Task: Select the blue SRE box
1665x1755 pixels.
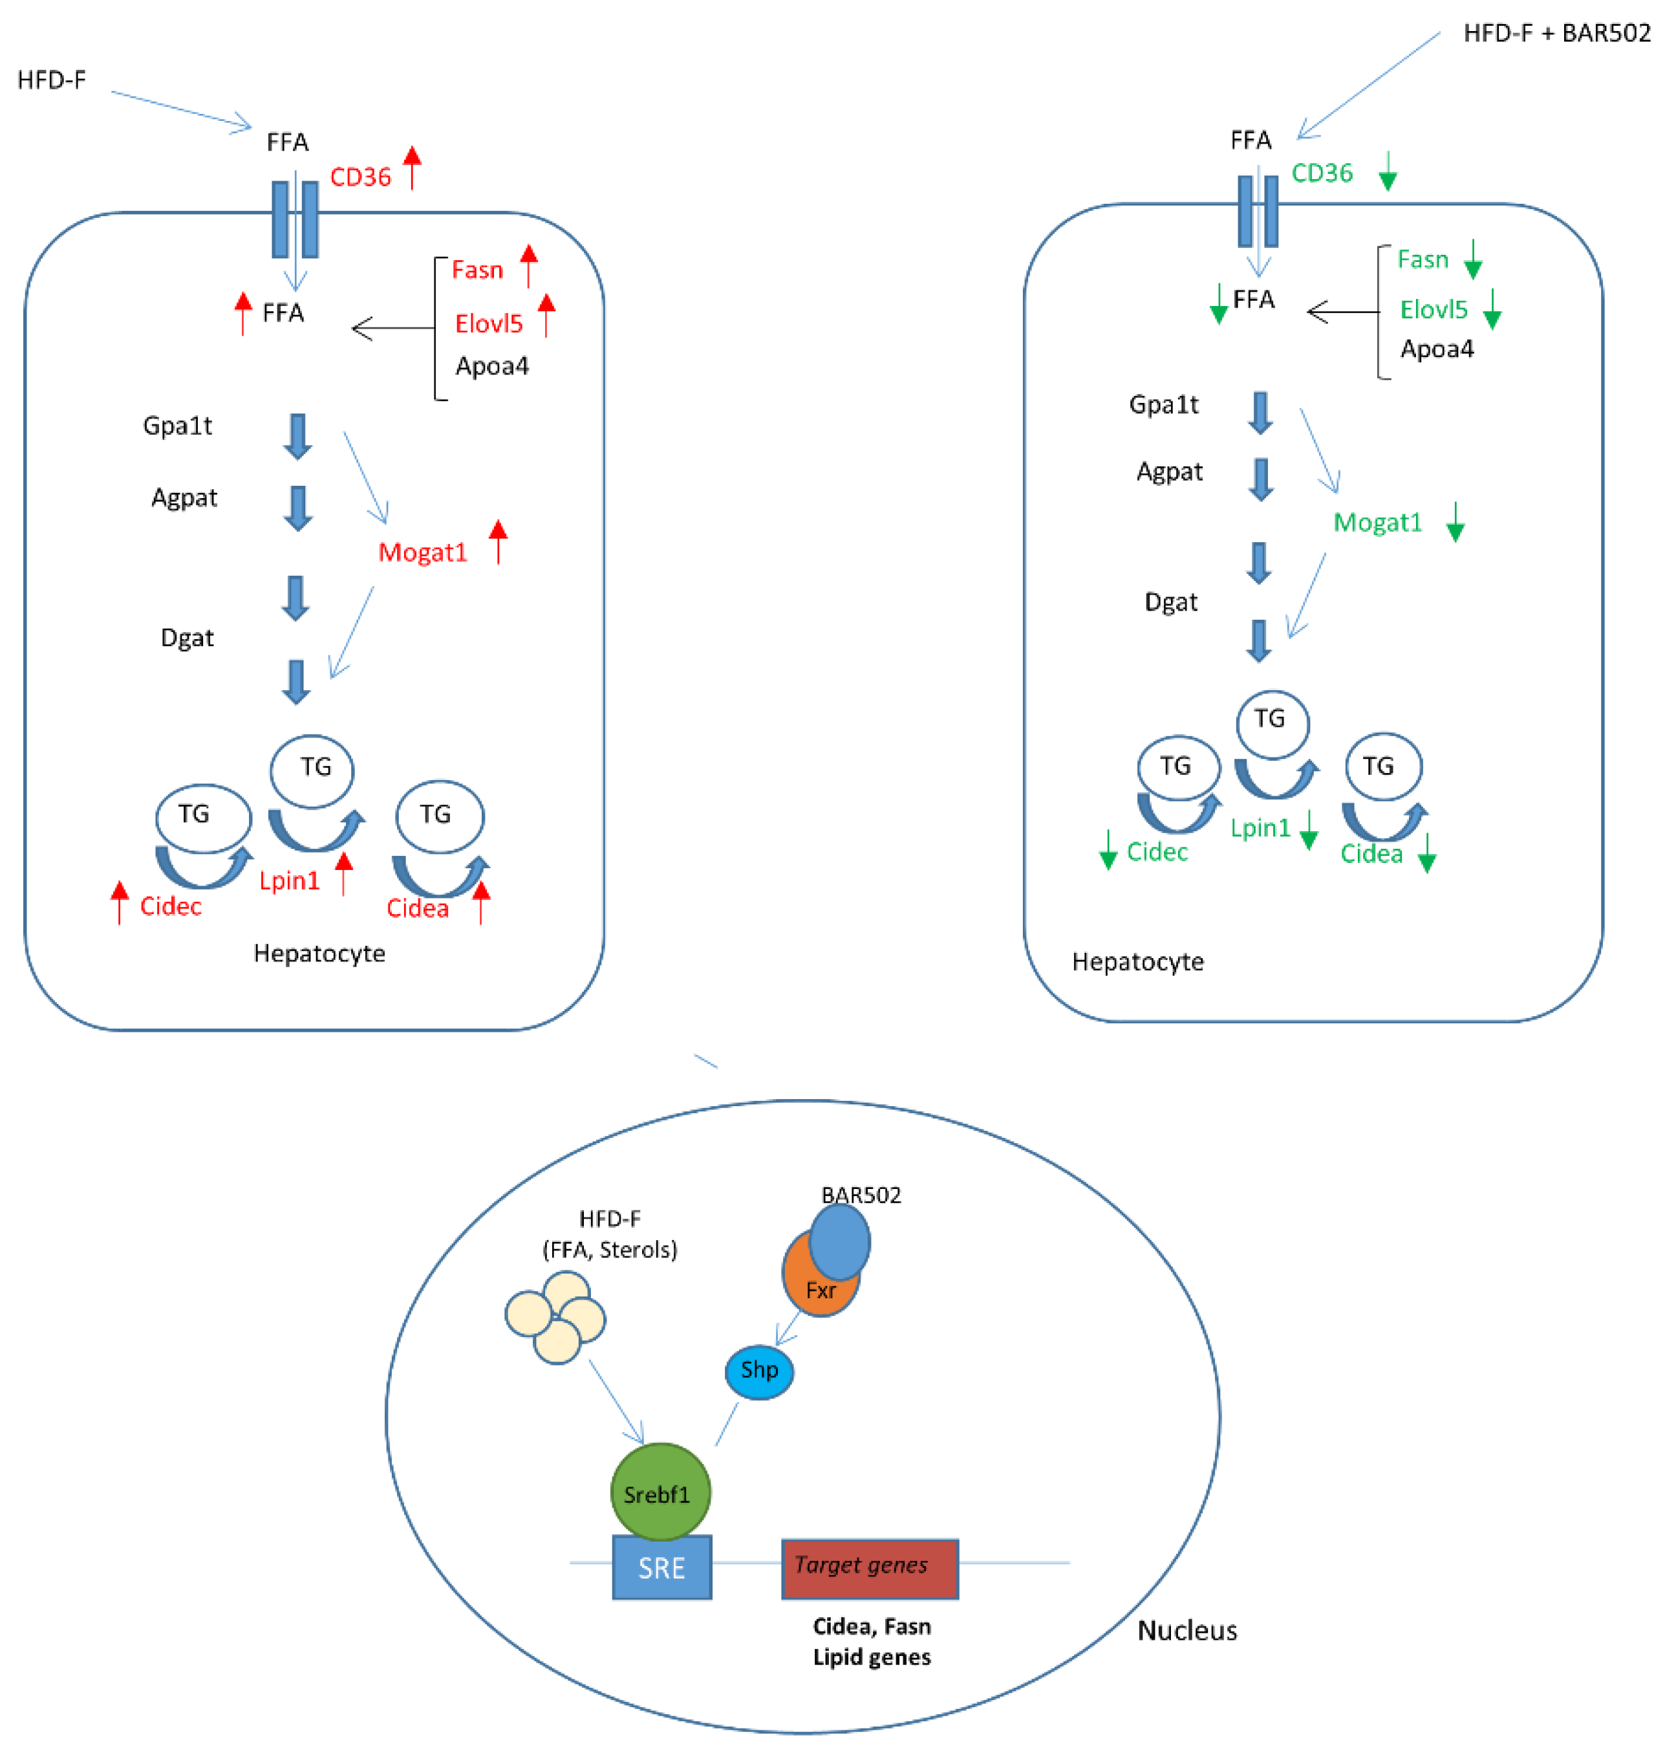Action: (x=661, y=1567)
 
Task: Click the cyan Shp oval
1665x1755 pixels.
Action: (x=759, y=1371)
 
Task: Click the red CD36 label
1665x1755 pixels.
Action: (x=360, y=177)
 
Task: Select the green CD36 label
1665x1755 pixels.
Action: (x=1322, y=173)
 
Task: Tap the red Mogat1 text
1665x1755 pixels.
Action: (x=422, y=553)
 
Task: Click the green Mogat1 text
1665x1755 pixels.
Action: (x=1377, y=523)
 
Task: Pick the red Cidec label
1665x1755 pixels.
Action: (x=171, y=906)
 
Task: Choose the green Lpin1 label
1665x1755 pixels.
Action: (x=1260, y=828)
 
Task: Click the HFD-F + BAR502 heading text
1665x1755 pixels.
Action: (x=1557, y=34)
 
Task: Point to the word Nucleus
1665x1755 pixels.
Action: (x=1187, y=1631)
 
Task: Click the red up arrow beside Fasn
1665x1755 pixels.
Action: (x=529, y=265)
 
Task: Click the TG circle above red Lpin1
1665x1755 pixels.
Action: (x=312, y=768)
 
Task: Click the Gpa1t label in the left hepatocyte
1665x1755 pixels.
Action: (x=178, y=426)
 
